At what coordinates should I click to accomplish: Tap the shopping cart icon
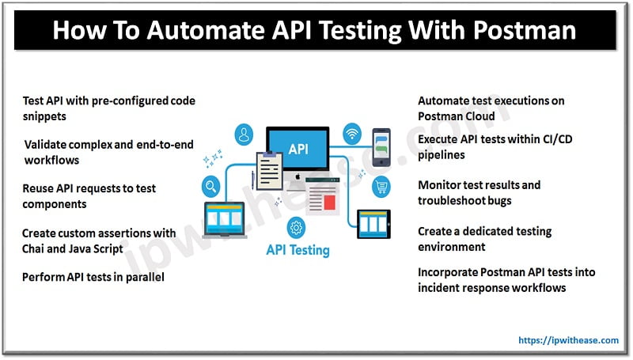[x=382, y=188]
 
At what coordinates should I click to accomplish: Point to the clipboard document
[x=268, y=169]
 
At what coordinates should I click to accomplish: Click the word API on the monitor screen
[x=300, y=148]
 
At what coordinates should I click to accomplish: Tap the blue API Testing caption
[x=298, y=251]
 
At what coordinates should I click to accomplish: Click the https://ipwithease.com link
[x=569, y=340]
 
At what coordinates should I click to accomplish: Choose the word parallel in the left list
[x=142, y=278]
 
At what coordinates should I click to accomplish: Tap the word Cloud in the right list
[x=478, y=116]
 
